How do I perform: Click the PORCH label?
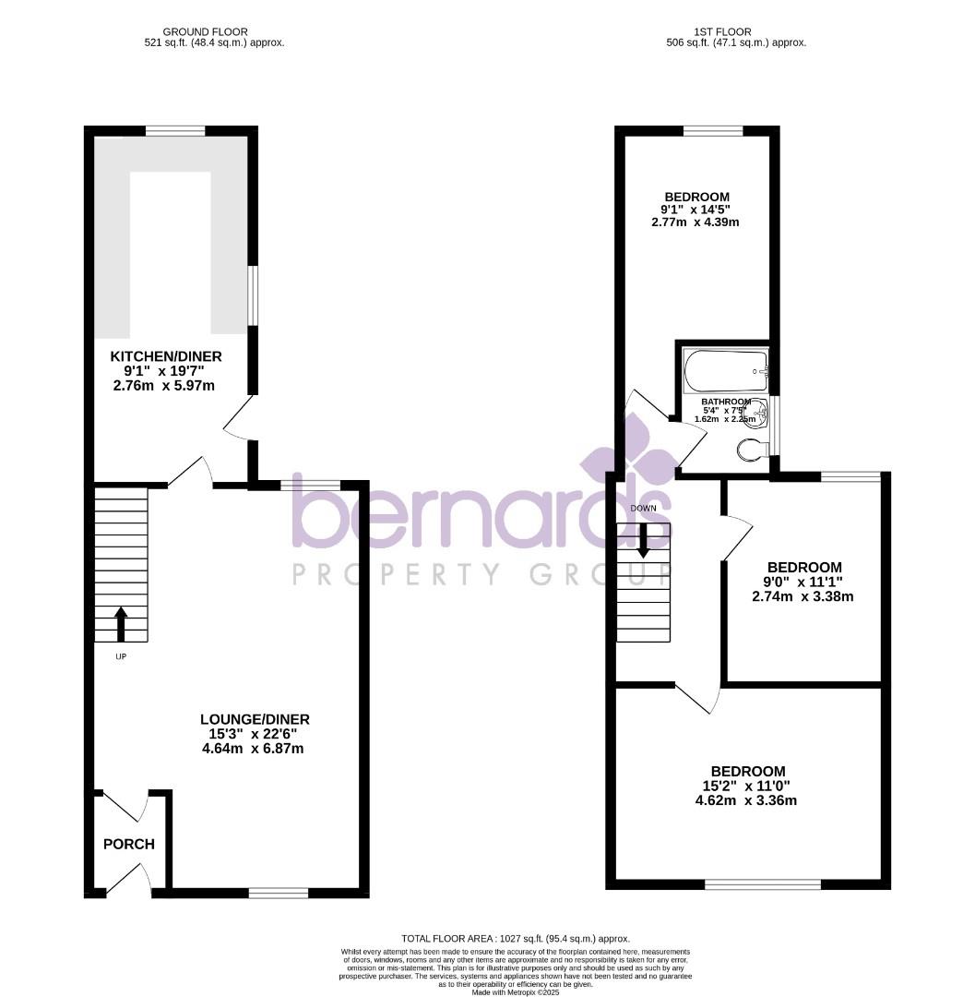128,844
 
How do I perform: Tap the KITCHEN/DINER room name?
166,356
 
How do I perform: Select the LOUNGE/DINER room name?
255,719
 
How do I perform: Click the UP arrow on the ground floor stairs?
121,623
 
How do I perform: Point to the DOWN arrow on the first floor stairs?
643,541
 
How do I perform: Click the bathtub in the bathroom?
726,370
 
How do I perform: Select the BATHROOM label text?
726,402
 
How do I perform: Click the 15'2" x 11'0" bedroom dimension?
747,786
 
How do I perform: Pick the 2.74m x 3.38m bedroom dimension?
803,596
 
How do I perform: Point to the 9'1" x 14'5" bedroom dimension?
697,210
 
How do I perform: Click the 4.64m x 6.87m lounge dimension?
253,749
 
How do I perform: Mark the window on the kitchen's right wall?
254,295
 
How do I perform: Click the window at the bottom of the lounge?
278,892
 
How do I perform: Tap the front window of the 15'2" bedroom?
762,884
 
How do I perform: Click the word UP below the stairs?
121,656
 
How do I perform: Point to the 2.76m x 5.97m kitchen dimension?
162,385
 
